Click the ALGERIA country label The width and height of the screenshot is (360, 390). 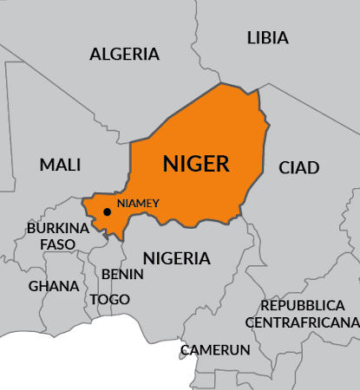(x=125, y=54)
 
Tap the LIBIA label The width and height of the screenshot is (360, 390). (x=268, y=37)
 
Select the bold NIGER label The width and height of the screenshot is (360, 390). (x=196, y=163)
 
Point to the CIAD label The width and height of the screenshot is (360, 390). (x=299, y=167)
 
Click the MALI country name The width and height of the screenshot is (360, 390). (x=60, y=165)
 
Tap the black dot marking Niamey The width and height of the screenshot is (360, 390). (x=108, y=211)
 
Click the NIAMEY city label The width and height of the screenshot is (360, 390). (x=139, y=203)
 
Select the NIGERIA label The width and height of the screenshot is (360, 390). (x=176, y=258)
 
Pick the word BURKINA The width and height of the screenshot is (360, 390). (x=58, y=228)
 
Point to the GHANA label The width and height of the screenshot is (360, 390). (x=53, y=286)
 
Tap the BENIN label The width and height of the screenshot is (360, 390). (x=117, y=274)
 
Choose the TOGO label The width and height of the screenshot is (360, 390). (x=110, y=300)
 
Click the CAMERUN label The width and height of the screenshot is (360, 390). (x=215, y=350)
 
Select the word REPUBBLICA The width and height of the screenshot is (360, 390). (x=301, y=306)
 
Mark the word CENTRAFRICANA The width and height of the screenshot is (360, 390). (x=301, y=322)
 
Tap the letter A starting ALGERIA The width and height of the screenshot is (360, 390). (x=95, y=54)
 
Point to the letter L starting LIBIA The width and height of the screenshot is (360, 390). (x=251, y=37)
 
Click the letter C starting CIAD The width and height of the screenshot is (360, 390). (x=284, y=167)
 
